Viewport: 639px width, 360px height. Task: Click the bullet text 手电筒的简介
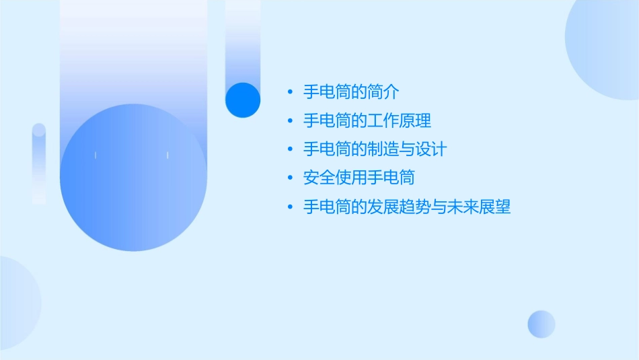coord(351,92)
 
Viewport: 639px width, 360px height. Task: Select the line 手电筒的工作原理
coord(367,121)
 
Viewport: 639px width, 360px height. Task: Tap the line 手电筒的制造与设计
coord(375,149)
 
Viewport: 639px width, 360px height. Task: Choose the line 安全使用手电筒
coord(359,178)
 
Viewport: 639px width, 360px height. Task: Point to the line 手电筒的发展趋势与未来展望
coord(407,207)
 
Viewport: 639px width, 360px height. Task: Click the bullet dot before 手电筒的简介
coord(290,93)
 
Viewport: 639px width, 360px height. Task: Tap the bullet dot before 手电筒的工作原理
coord(290,121)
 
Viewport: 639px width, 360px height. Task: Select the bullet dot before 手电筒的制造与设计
coord(290,149)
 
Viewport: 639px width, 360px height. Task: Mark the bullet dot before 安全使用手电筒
coord(290,178)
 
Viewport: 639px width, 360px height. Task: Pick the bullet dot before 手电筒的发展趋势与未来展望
coord(290,207)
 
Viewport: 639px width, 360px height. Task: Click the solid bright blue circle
coord(243,100)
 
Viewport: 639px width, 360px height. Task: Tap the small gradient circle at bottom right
coord(541,324)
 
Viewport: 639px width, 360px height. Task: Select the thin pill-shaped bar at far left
coord(39,164)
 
